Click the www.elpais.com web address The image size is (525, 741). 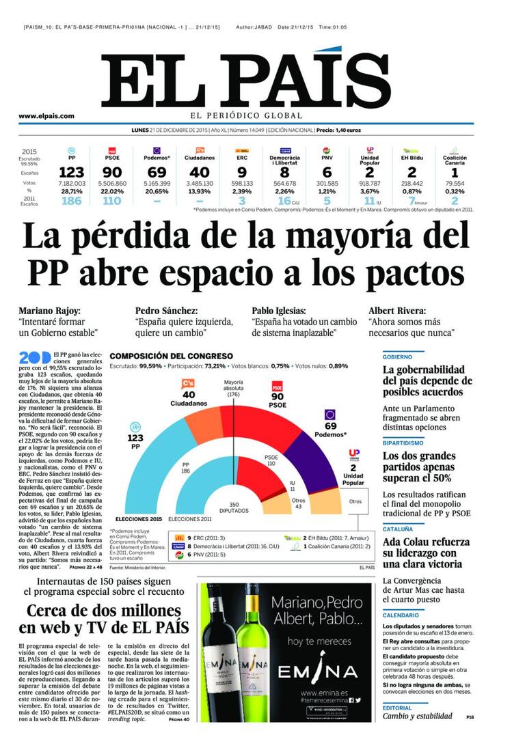tap(46, 116)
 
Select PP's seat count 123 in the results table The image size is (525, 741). tap(71, 173)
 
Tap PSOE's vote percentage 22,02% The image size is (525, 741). tap(112, 192)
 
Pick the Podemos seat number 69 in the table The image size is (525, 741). tap(157, 173)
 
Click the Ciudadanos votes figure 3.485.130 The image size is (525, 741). tap(199, 184)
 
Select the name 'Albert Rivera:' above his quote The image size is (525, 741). tap(397, 310)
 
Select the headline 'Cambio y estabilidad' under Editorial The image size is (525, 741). tap(417, 716)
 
